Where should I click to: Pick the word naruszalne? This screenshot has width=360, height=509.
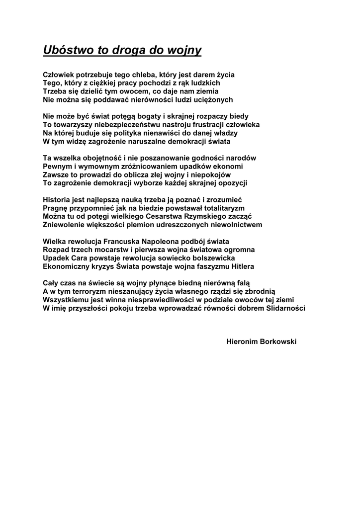pyautogui.click(x=132, y=142)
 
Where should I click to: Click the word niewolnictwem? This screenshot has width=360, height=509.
pyautogui.click(x=237, y=225)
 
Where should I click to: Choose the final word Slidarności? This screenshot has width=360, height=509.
pyautogui.click(x=281, y=308)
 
